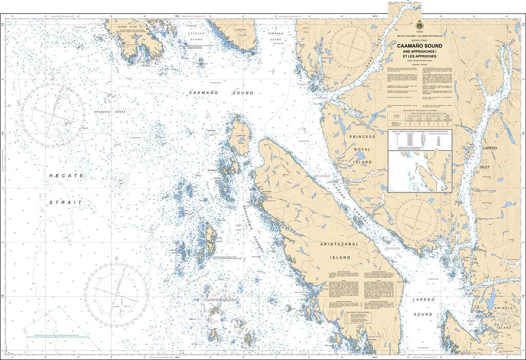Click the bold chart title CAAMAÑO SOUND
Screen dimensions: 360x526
point(419,46)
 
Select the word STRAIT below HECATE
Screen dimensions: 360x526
point(66,203)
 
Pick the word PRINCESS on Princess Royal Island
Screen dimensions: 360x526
point(363,137)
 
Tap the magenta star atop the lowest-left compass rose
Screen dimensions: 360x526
point(117,258)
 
